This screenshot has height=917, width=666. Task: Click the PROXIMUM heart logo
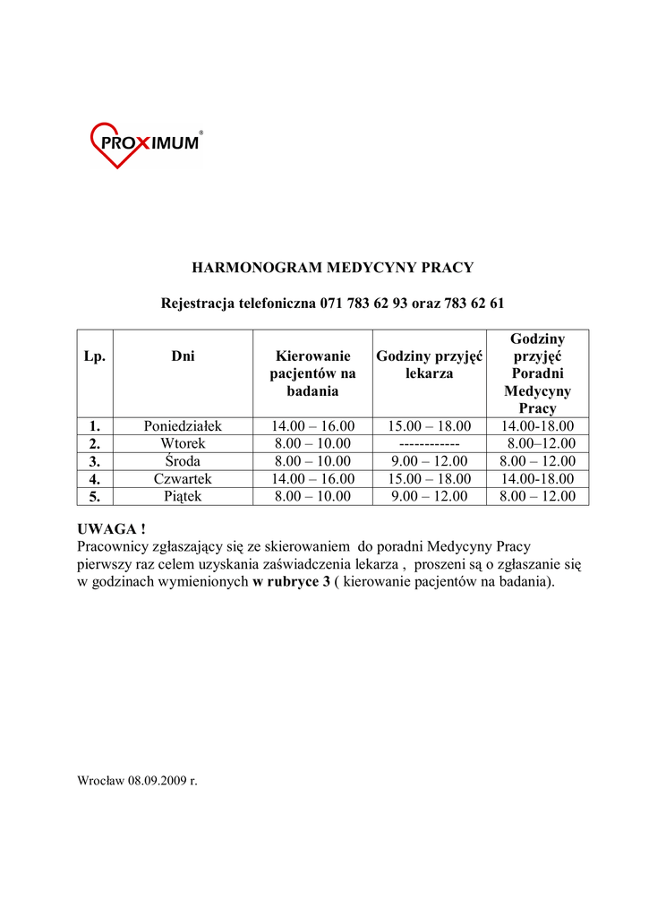click(x=146, y=145)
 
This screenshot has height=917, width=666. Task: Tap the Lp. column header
click(x=95, y=356)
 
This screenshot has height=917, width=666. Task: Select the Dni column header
click(x=183, y=356)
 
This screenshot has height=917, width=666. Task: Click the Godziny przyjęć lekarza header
click(x=430, y=364)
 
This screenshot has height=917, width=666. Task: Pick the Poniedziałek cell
click(x=183, y=426)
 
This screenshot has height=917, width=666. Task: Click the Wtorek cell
click(x=183, y=443)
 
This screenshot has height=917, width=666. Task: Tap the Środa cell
click(x=183, y=461)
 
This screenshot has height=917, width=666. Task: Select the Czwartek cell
click(x=183, y=478)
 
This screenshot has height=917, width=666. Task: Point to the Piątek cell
click(x=183, y=496)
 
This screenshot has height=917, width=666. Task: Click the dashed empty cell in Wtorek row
click(x=430, y=444)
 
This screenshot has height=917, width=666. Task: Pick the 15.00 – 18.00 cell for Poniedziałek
click(x=430, y=426)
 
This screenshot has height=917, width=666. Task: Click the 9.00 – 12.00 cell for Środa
click(x=430, y=461)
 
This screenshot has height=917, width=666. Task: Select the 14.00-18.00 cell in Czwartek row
click(x=537, y=478)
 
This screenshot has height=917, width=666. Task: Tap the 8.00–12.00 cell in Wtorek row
click(x=541, y=443)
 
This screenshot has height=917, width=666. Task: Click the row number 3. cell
click(x=95, y=461)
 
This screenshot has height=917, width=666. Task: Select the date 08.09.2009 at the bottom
click(x=157, y=781)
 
